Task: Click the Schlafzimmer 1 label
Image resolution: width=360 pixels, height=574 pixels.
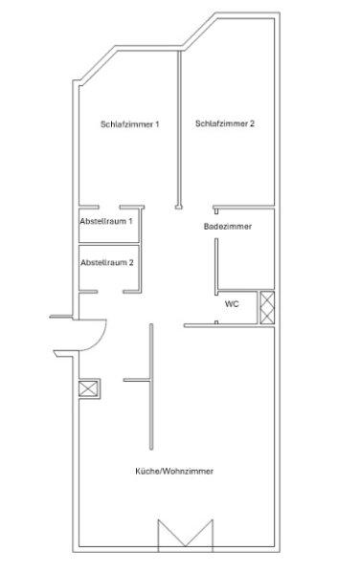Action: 129,124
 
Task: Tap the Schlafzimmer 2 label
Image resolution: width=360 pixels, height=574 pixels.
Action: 224,123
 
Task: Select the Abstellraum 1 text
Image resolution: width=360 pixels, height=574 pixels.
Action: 106,221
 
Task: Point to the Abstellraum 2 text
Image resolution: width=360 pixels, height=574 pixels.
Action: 107,262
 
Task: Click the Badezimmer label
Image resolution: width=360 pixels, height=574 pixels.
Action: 228,226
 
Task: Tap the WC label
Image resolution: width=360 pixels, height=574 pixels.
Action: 232,304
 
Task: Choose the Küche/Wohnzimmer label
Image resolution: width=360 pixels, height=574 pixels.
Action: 174,471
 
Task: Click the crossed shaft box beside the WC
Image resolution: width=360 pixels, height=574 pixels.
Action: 267,307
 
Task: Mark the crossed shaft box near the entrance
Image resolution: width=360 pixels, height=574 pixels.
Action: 89,388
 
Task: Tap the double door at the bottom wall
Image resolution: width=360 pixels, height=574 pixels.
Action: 186,534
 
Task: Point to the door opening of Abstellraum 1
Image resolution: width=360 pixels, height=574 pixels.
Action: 109,208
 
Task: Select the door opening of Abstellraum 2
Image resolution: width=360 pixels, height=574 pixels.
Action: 110,292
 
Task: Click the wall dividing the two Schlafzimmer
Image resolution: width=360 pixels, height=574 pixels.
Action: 179,128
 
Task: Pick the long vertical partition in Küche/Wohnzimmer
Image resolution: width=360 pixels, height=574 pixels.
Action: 151,386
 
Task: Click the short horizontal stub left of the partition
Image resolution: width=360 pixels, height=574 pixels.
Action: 137,381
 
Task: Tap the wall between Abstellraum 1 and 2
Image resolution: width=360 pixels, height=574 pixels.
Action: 109,243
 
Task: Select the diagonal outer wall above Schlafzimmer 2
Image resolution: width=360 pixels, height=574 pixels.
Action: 200,31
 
